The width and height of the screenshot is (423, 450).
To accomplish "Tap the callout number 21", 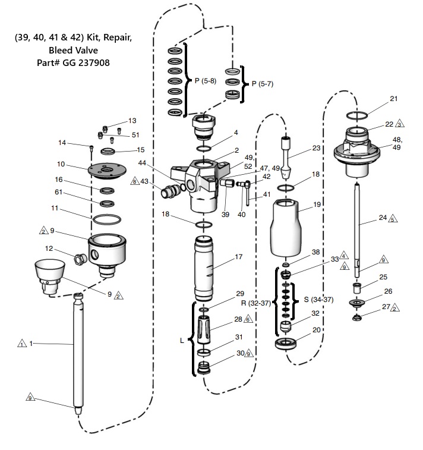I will (x=394, y=98).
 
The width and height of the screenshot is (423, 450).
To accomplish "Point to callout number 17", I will (x=238, y=257).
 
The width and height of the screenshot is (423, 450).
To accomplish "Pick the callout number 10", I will (x=61, y=165).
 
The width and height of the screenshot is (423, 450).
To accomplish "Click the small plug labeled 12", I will (x=78, y=259).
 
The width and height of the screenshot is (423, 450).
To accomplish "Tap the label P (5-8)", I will (x=206, y=80).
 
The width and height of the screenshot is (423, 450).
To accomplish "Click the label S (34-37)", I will (x=314, y=297).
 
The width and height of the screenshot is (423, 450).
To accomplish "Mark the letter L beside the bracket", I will (x=182, y=341).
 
